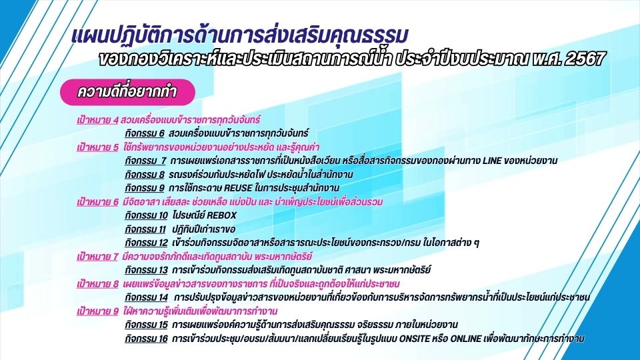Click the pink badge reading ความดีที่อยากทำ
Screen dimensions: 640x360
tap(127, 92)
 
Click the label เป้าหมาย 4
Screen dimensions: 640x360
tap(97, 120)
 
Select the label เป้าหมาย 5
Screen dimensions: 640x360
tap(97, 147)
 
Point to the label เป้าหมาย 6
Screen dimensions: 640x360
tap(97, 202)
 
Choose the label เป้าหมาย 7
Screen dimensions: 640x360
tap(97, 257)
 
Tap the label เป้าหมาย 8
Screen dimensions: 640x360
tap(97, 284)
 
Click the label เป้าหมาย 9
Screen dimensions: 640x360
tap(97, 311)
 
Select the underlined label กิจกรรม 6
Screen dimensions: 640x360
tap(145, 133)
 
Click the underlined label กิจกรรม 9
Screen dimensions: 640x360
tap(145, 188)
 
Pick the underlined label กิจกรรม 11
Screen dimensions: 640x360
tap(145, 229)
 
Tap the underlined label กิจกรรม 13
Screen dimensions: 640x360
tap(146, 270)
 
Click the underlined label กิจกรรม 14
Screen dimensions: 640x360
tap(146, 297)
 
